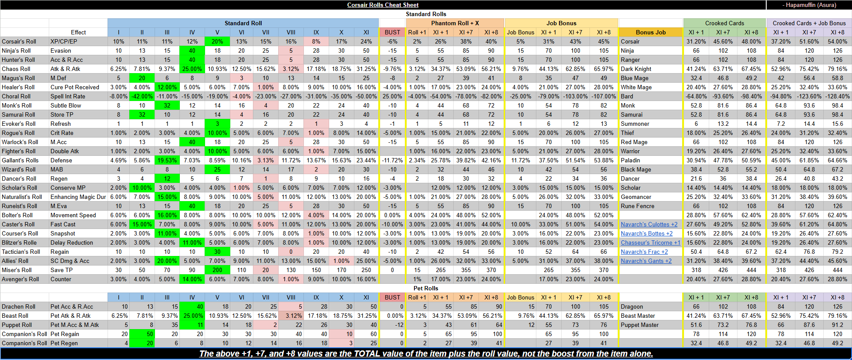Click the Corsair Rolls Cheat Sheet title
click(x=383, y=5)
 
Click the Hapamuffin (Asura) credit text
click(x=809, y=5)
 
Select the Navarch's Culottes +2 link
click(x=649, y=224)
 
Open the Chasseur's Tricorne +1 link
click(x=650, y=242)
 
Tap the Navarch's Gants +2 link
click(x=646, y=261)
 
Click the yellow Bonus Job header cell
click(x=651, y=32)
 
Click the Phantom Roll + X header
click(x=455, y=23)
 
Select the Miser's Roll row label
click(x=17, y=270)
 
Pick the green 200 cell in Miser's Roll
click(x=217, y=270)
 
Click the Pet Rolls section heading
click(x=426, y=288)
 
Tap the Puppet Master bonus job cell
click(x=640, y=325)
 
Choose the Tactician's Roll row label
click(x=21, y=252)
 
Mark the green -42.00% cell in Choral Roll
click(x=142, y=96)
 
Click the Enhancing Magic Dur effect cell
click(x=78, y=197)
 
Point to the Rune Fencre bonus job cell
click(x=637, y=206)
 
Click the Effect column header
click(x=78, y=32)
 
